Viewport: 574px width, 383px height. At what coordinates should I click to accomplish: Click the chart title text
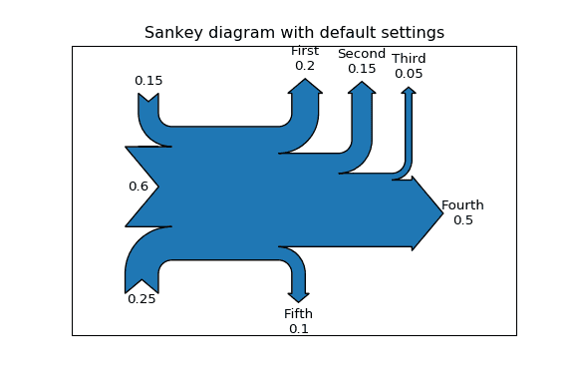pyautogui.click(x=294, y=33)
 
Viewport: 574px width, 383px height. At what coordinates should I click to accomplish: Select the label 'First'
pyautogui.click(x=305, y=51)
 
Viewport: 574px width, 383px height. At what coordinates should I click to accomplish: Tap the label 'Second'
pyautogui.click(x=362, y=54)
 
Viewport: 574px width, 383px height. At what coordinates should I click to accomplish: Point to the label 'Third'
pyautogui.click(x=409, y=59)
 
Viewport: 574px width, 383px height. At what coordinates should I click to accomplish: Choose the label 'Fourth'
pyautogui.click(x=462, y=205)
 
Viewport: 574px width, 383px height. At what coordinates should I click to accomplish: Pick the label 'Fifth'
pyautogui.click(x=298, y=314)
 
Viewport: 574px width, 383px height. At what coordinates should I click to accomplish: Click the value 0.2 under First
pyautogui.click(x=305, y=66)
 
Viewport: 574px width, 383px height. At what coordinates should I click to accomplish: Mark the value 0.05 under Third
pyautogui.click(x=409, y=74)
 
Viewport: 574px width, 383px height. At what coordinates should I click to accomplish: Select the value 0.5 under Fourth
pyautogui.click(x=463, y=220)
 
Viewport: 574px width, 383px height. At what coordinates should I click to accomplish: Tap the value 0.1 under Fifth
pyautogui.click(x=299, y=329)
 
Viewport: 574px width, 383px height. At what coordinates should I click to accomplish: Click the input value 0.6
pyautogui.click(x=138, y=187)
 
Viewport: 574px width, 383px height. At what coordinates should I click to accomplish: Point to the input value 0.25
pyautogui.click(x=142, y=299)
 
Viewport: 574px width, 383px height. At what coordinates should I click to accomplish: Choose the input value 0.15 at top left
pyautogui.click(x=148, y=81)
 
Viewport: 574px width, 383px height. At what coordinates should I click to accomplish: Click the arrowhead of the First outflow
pyautogui.click(x=305, y=86)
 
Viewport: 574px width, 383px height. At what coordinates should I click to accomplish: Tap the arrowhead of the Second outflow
pyautogui.click(x=362, y=89)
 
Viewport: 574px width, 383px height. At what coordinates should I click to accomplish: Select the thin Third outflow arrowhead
pyautogui.click(x=409, y=91)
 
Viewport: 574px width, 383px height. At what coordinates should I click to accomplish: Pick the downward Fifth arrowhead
pyautogui.click(x=299, y=297)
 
